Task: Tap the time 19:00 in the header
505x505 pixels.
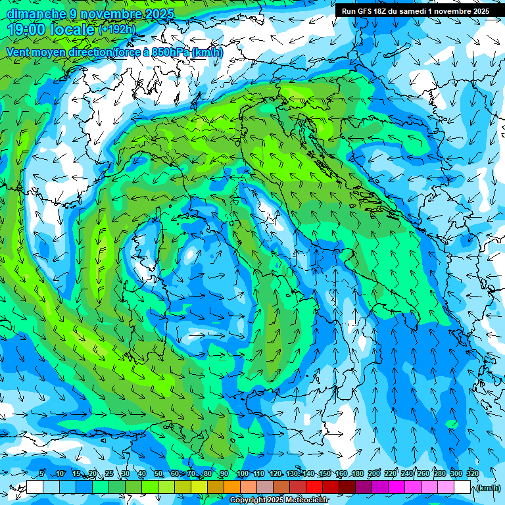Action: [27, 30]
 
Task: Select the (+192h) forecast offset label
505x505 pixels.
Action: [116, 30]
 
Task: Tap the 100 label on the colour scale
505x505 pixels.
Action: [243, 473]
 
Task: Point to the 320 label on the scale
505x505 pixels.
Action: [472, 473]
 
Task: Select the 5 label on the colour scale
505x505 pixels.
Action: [41, 473]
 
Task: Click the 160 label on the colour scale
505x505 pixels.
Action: [341, 473]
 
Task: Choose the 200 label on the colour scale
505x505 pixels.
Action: [374, 473]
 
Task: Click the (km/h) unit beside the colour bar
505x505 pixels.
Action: [488, 488]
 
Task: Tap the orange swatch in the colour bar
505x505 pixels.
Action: [232, 487]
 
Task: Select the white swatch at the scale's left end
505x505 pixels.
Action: [35, 487]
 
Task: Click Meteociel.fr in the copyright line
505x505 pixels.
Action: [312, 500]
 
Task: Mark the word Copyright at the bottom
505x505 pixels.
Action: [247, 500]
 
